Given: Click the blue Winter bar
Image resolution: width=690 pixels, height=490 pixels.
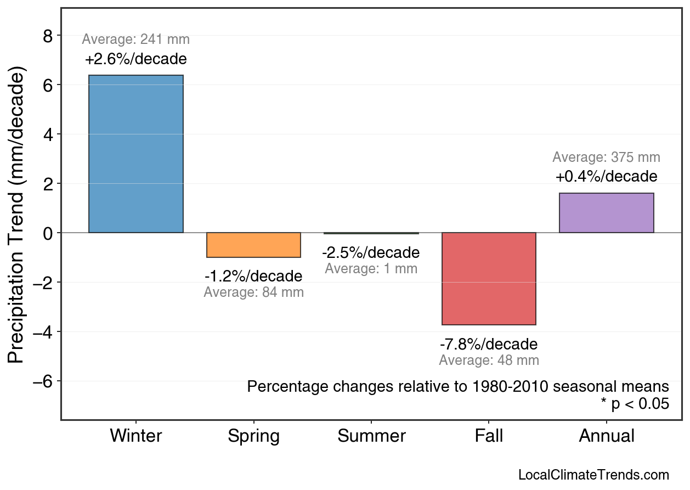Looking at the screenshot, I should pyautogui.click(x=136, y=154).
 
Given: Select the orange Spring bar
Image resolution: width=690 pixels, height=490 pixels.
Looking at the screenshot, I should pyautogui.click(x=253, y=245).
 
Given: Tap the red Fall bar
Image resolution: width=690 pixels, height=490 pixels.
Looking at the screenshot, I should pyautogui.click(x=489, y=279).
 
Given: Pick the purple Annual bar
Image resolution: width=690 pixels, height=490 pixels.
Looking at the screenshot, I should pyautogui.click(x=606, y=213).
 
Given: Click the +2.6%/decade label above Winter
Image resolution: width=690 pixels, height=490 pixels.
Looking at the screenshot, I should pyautogui.click(x=136, y=59).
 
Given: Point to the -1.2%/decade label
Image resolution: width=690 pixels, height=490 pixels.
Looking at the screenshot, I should pyautogui.click(x=253, y=276).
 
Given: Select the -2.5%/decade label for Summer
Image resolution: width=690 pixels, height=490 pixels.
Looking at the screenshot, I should pyautogui.click(x=371, y=253).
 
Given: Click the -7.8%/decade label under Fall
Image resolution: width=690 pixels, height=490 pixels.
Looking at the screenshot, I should pyautogui.click(x=489, y=345).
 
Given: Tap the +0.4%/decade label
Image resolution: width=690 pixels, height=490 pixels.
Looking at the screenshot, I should pyautogui.click(x=606, y=177).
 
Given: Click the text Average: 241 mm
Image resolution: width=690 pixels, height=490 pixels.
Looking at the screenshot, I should pyautogui.click(x=136, y=40).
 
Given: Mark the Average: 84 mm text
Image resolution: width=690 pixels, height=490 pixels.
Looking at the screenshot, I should pyautogui.click(x=253, y=292).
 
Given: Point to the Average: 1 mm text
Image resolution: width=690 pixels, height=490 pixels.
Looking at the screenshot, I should pyautogui.click(x=371, y=269).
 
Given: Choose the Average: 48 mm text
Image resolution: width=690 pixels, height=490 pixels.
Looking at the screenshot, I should pyautogui.click(x=489, y=361).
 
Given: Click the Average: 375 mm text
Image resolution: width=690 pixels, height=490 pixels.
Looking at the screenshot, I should pyautogui.click(x=606, y=157).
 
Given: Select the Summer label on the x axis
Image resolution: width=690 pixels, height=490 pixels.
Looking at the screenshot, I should pyautogui.click(x=371, y=436).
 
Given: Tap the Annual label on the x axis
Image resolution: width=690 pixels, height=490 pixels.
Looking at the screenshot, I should pyautogui.click(x=607, y=436).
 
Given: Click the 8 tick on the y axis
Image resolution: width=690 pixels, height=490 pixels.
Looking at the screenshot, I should pyautogui.click(x=48, y=36).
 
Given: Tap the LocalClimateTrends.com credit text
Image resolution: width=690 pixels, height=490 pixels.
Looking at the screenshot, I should pyautogui.click(x=593, y=475).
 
